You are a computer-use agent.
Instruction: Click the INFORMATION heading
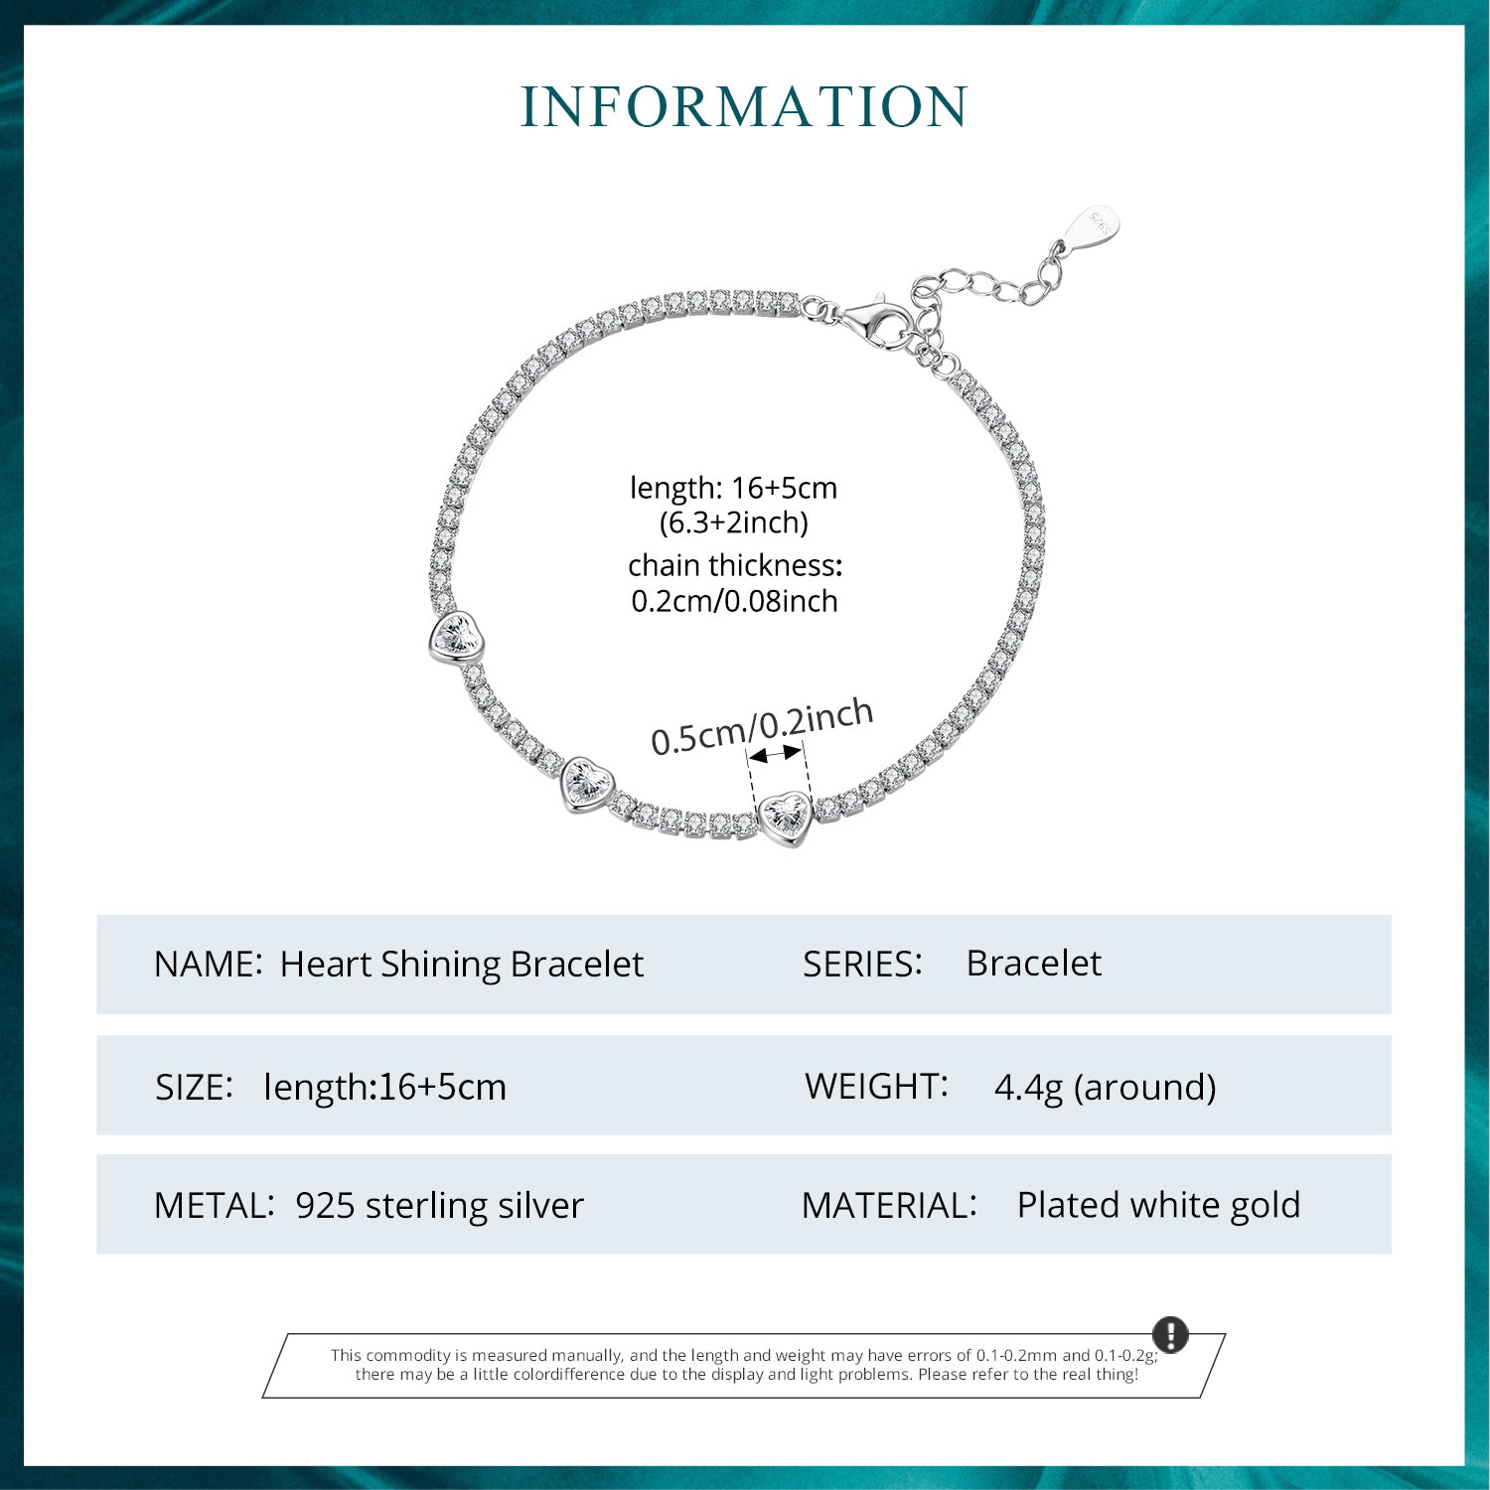pyautogui.click(x=744, y=107)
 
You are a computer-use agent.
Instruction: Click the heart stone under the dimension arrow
pyautogui.click(x=786, y=818)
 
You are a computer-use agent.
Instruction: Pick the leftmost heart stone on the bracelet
pyautogui.click(x=456, y=637)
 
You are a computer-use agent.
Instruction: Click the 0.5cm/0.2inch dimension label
pyautogui.click(x=762, y=727)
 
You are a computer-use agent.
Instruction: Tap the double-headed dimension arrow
pyautogui.click(x=775, y=755)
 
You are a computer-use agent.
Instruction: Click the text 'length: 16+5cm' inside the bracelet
pyautogui.click(x=734, y=488)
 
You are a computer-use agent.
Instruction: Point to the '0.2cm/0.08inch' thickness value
pyautogui.click(x=734, y=601)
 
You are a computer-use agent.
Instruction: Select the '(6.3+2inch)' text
pyautogui.click(x=734, y=522)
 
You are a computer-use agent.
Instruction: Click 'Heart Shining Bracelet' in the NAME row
pyautogui.click(x=462, y=964)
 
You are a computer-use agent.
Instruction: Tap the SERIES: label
pyautogui.click(x=862, y=964)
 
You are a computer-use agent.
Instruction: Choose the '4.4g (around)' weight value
pyautogui.click(x=1106, y=1087)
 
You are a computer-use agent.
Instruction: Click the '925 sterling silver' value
pyautogui.click(x=440, y=1205)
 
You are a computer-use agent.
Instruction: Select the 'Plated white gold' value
pyautogui.click(x=1158, y=1205)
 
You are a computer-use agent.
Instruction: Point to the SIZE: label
pyautogui.click(x=194, y=1087)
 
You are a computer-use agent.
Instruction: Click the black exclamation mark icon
pyautogui.click(x=1171, y=1334)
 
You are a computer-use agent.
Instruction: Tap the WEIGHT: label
pyautogui.click(x=876, y=1086)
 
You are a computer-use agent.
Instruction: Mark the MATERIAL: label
pyautogui.click(x=889, y=1205)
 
